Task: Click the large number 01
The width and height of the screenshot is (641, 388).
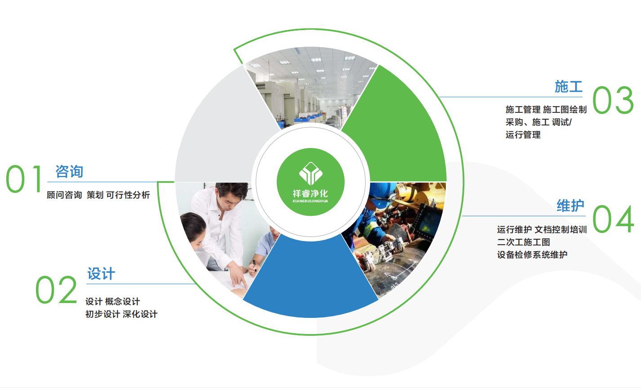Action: point(24,179)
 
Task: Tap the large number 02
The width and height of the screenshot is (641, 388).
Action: point(56,289)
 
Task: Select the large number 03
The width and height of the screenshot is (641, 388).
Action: point(613,100)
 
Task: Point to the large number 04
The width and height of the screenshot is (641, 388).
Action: point(613,219)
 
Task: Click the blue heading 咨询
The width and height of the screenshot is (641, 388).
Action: point(69,172)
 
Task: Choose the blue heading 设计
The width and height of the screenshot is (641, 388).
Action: point(101,274)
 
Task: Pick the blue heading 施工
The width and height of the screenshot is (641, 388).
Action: point(568,86)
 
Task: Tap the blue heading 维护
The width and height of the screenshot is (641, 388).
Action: point(570,206)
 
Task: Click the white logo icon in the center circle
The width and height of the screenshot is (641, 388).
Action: point(311,174)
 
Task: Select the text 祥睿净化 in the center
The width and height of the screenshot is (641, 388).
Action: point(311,194)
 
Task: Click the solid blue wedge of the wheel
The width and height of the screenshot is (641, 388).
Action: point(311,281)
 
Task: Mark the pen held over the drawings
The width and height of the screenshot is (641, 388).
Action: point(254,266)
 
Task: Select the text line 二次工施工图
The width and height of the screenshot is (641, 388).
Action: point(523,242)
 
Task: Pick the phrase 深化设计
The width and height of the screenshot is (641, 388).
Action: point(140,314)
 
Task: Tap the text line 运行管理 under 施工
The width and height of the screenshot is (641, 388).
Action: point(523,135)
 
